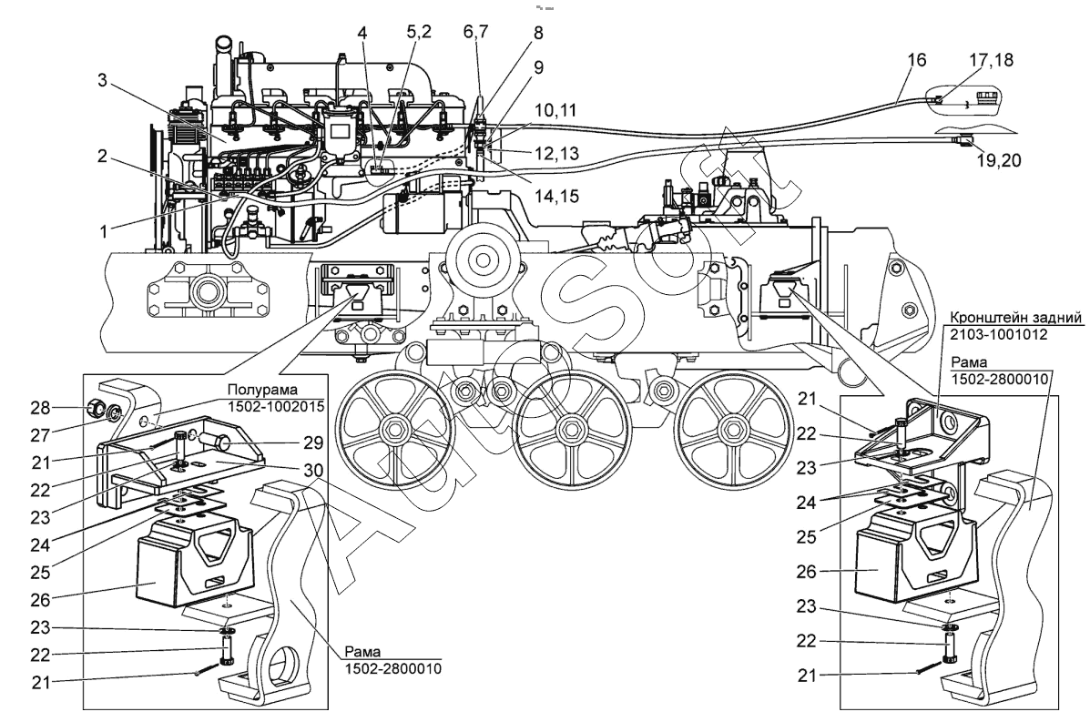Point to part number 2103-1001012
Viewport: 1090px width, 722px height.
tap(996, 334)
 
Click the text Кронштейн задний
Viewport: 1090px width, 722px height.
tap(1015, 318)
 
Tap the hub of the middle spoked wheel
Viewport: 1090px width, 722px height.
tap(570, 425)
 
